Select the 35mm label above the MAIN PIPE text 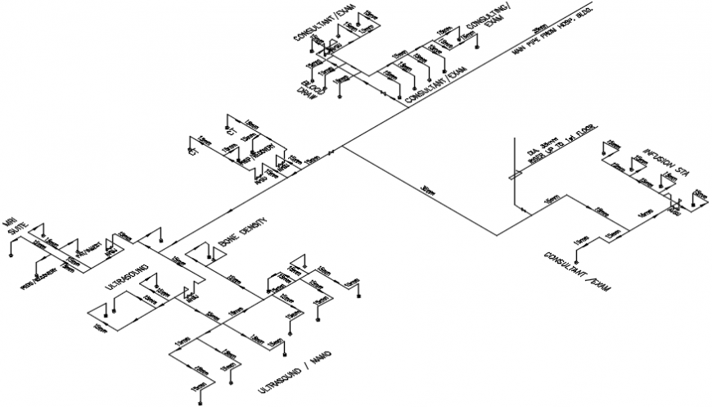point(540,25)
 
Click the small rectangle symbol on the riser point(513,174)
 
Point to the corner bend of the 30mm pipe point(497,235)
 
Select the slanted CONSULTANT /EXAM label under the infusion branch point(577,270)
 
